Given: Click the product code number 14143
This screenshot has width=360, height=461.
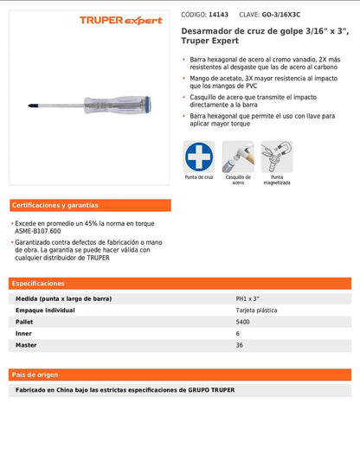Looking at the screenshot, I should point(220,15).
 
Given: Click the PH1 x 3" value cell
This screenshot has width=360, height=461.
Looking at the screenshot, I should point(248,298).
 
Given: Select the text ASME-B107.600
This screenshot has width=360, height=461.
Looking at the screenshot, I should point(39,231).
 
